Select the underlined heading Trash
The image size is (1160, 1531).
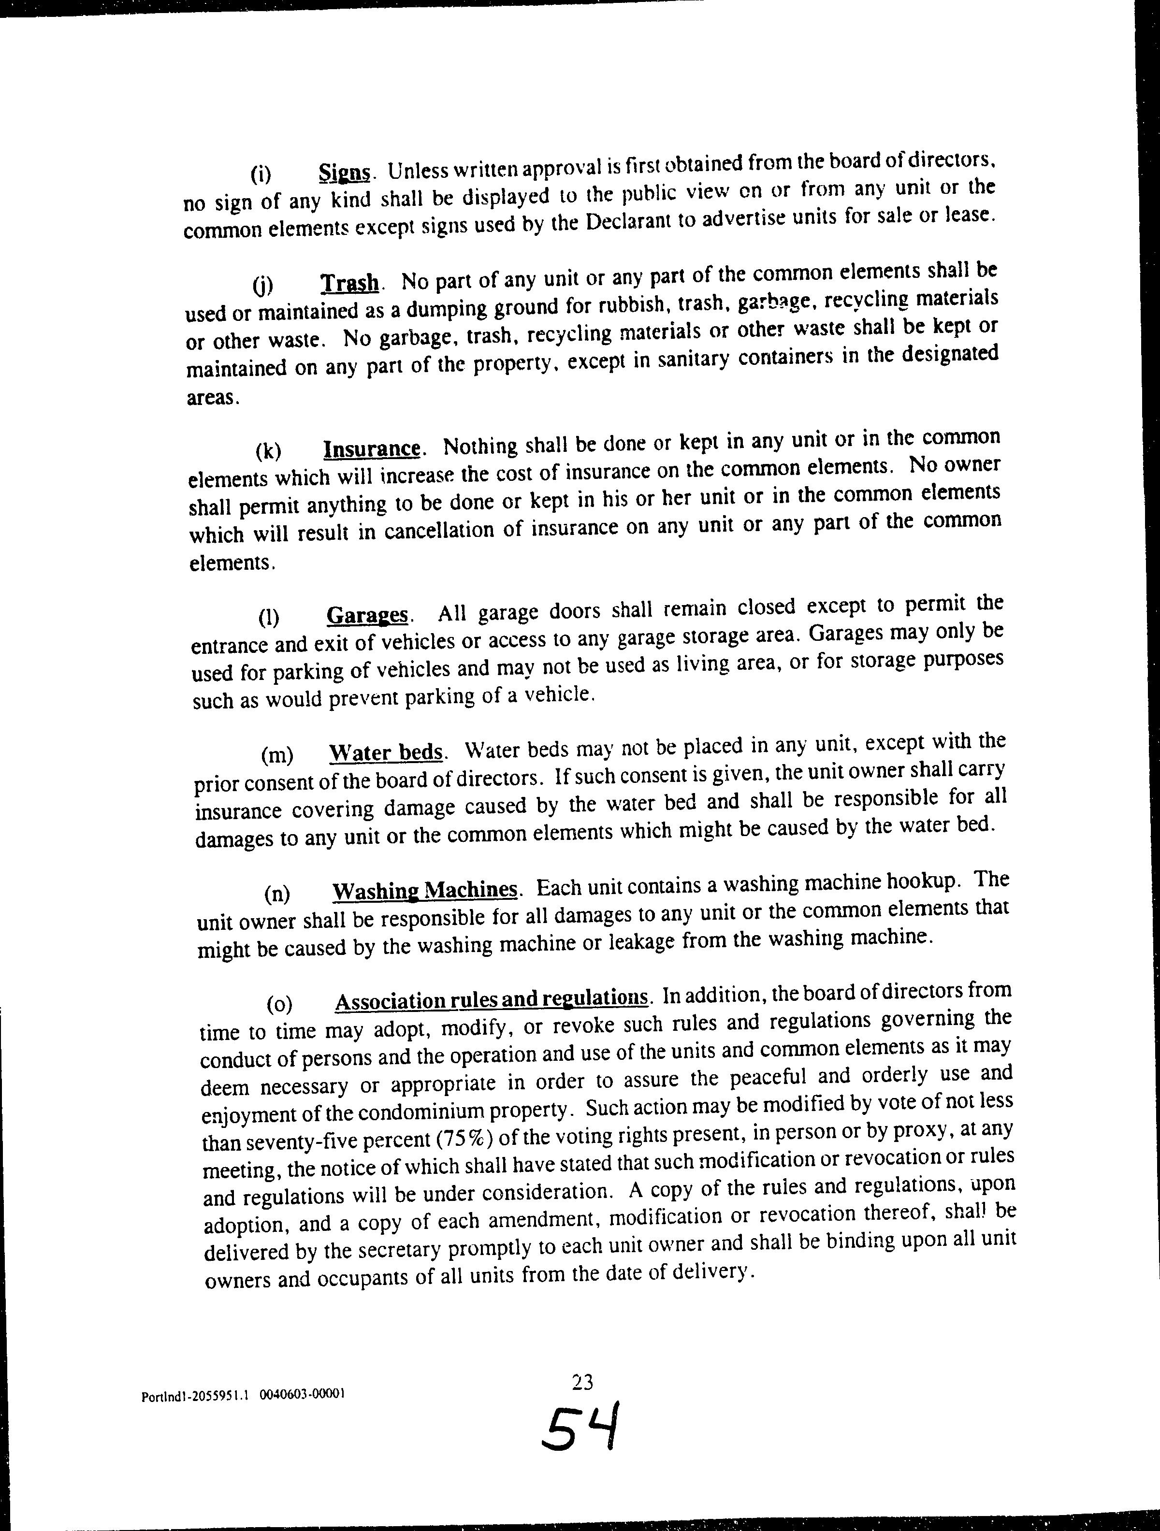tap(350, 283)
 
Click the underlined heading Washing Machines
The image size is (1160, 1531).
tap(425, 891)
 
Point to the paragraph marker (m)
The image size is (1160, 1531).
tap(277, 755)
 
